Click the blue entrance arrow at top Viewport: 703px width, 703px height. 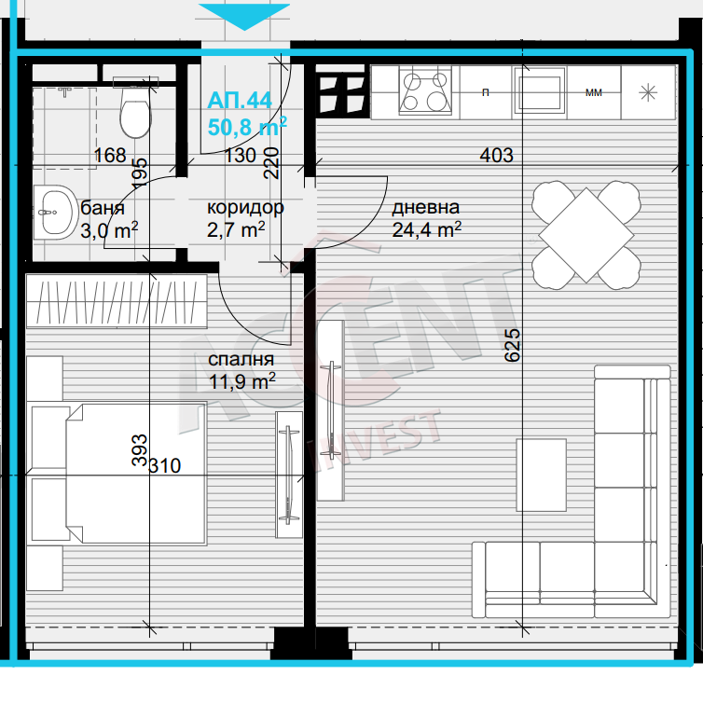(x=244, y=16)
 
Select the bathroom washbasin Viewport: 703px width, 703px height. (x=56, y=212)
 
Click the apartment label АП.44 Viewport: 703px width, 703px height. (x=240, y=101)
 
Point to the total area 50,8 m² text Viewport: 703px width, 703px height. (x=247, y=127)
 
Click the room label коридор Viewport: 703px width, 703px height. (x=245, y=208)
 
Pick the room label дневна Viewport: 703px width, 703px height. (x=426, y=208)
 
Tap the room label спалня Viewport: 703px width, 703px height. (x=241, y=359)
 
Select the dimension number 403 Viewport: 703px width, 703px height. (x=496, y=155)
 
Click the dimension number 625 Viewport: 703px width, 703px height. (x=513, y=345)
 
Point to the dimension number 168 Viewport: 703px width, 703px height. (x=110, y=156)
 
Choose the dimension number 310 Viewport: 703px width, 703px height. (x=164, y=466)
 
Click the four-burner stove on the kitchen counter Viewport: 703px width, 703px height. (x=425, y=91)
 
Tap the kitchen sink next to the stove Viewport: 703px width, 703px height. (x=539, y=93)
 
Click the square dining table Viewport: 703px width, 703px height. (x=586, y=235)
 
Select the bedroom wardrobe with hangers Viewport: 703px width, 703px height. (x=117, y=301)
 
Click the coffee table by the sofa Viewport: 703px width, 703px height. (x=541, y=475)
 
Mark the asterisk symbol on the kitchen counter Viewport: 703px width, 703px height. (x=648, y=93)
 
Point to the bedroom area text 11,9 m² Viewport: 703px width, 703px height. (x=242, y=382)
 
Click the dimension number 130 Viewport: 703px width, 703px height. (x=240, y=156)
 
